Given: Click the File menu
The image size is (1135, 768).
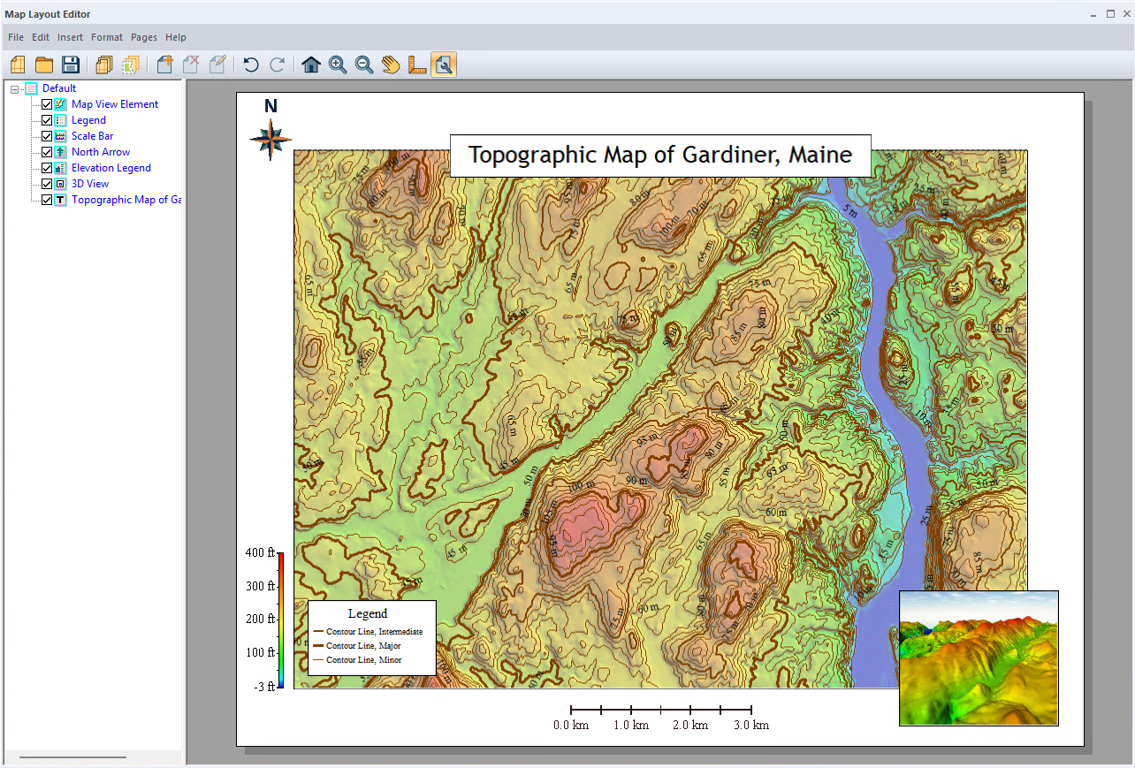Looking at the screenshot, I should click(x=16, y=37).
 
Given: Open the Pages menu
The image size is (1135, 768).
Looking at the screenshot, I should click(x=144, y=37).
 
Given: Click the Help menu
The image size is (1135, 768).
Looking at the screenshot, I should click(x=176, y=37).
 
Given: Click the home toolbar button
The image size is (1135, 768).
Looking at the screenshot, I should click(x=311, y=65).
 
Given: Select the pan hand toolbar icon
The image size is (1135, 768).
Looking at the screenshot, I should click(x=391, y=65).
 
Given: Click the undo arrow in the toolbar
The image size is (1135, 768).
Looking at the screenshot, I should click(x=251, y=65).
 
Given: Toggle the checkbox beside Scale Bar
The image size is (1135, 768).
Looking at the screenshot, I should click(x=47, y=136).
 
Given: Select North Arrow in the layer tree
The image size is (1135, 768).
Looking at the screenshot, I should click(x=101, y=152).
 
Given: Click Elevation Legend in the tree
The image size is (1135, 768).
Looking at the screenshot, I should click(x=111, y=168).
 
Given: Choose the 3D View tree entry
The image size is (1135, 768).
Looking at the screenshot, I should click(x=90, y=184).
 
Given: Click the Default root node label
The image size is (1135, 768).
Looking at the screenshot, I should click(x=59, y=88).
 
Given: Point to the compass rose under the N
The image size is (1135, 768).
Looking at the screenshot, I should click(x=270, y=140).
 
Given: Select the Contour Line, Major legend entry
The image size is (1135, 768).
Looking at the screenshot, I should click(x=362, y=646).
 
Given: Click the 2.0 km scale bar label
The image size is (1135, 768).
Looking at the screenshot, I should click(x=690, y=726).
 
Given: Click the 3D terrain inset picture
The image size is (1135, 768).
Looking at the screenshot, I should click(x=979, y=658).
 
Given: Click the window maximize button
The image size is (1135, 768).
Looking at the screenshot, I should click(x=1110, y=13).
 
